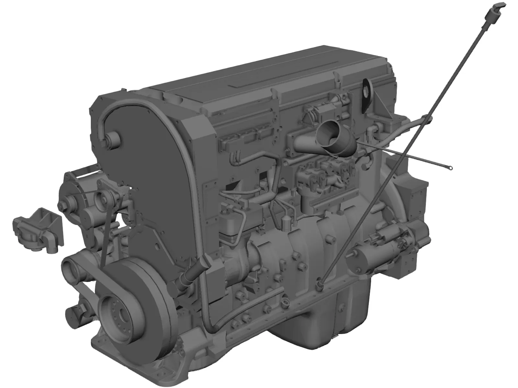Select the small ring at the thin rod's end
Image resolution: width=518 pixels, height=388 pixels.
(450, 167)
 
